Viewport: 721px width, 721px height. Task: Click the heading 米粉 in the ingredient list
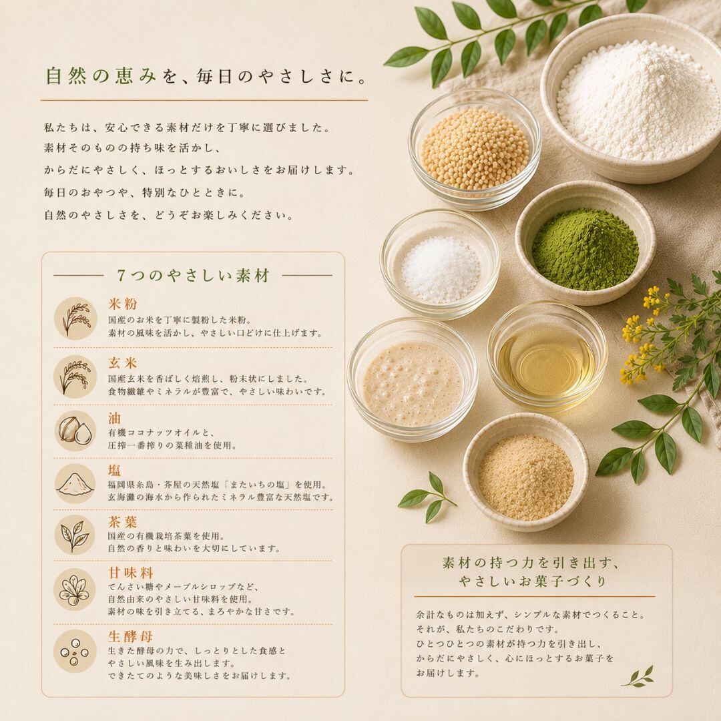[123, 304]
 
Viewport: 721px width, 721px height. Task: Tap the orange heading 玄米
[123, 363]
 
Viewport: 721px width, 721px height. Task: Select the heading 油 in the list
[115, 418]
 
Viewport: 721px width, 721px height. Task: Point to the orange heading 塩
[115, 471]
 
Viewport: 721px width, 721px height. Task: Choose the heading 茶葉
[123, 522]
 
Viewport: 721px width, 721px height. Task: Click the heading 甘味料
[131, 573]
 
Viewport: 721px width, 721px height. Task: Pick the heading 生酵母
[131, 637]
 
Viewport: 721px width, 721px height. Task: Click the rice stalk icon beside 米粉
[75, 318]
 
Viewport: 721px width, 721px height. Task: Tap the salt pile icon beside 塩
[75, 483]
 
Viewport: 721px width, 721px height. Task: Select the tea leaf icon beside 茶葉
[75, 535]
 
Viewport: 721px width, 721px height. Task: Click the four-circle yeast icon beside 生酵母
[75, 651]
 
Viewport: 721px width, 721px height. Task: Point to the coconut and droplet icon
[75, 431]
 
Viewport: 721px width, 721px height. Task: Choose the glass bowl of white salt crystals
[440, 264]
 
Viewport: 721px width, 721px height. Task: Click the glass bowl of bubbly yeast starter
[413, 380]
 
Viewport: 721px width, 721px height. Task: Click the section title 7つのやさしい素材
[193, 276]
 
